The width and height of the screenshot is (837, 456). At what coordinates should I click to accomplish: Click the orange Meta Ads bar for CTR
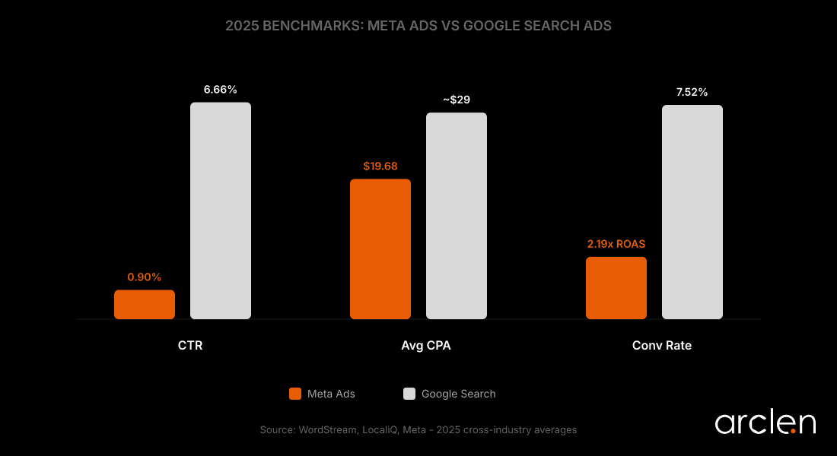[x=145, y=304]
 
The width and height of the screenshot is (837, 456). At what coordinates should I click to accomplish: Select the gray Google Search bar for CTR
[x=221, y=211]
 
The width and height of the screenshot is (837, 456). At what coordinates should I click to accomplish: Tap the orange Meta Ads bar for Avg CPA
[x=380, y=249]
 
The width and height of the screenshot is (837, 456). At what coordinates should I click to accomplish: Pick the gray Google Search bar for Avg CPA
[x=457, y=216]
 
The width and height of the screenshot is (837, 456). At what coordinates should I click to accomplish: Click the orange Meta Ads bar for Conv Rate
[x=616, y=287]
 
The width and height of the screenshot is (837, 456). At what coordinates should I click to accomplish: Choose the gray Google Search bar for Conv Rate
[x=692, y=212]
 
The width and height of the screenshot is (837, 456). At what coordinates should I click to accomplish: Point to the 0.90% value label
[x=145, y=277]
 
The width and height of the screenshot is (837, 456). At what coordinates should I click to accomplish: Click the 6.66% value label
[x=221, y=90]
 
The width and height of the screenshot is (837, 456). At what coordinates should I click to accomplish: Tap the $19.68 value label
[x=380, y=166]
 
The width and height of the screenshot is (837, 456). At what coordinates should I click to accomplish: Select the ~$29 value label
[x=457, y=100]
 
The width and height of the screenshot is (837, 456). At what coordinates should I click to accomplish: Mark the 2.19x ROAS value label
[x=616, y=244]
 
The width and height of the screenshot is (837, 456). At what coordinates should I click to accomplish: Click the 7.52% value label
[x=692, y=92]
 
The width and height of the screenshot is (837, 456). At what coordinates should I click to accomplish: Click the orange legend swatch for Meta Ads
[x=295, y=394]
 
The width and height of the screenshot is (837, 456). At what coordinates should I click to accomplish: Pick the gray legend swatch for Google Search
[x=409, y=394]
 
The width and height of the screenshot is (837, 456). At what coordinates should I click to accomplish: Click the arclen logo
[x=765, y=423]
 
